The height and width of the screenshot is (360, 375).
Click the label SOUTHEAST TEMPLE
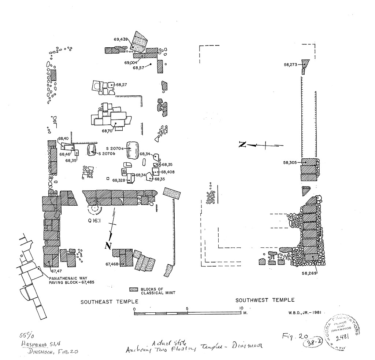(109, 302)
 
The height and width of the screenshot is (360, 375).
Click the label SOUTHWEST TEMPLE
(265, 300)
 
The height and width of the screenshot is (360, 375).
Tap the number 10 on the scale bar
(241, 308)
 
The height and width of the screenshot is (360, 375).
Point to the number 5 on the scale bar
(187, 308)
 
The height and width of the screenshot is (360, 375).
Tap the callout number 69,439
(120, 39)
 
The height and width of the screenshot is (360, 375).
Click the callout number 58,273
(291, 65)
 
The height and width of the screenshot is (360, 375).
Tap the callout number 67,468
(113, 264)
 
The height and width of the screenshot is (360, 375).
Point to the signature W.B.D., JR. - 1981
(301, 313)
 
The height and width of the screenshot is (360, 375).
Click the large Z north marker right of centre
(242, 145)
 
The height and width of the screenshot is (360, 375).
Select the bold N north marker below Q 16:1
(108, 246)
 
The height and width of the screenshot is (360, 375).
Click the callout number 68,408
(168, 172)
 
